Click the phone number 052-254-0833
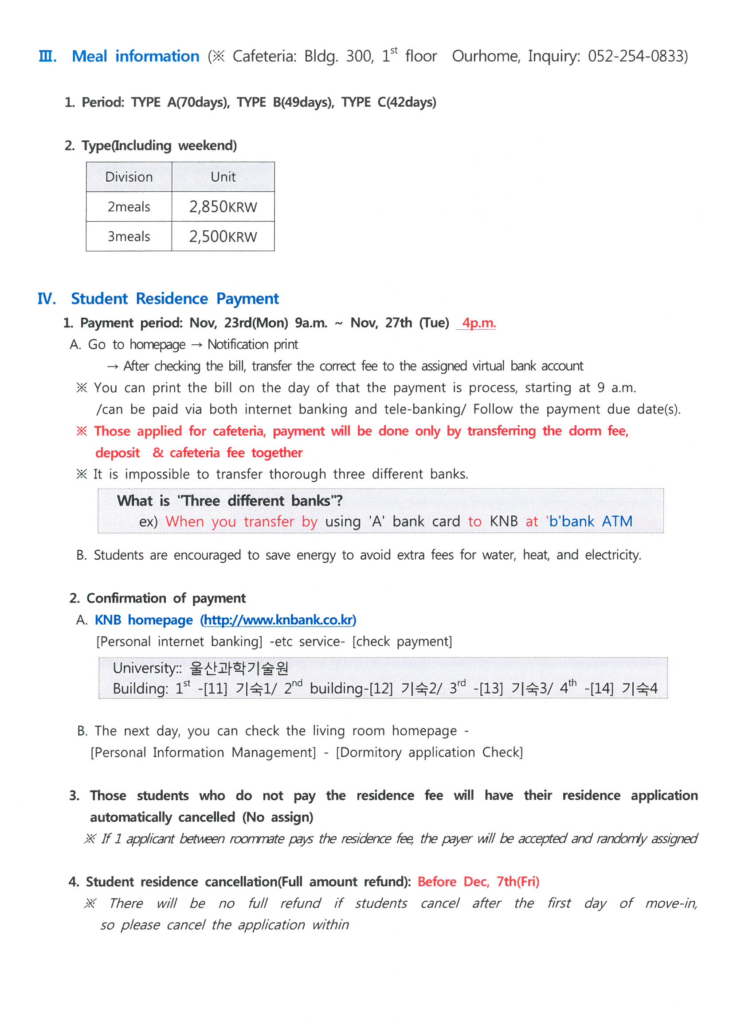[636, 56]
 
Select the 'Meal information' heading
[136, 56]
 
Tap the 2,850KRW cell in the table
[223, 207]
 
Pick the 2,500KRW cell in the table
[223, 237]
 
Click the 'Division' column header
[129, 177]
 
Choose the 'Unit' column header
[223, 177]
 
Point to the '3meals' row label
[129, 237]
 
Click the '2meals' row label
[129, 207]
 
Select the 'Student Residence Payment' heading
[175, 299]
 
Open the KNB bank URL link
[278, 620]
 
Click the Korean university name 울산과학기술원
[239, 668]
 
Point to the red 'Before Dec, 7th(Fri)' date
[478, 882]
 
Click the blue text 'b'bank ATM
[589, 522]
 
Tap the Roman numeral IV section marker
[47, 299]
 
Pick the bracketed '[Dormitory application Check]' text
[429, 753]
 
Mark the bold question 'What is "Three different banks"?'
[230, 501]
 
